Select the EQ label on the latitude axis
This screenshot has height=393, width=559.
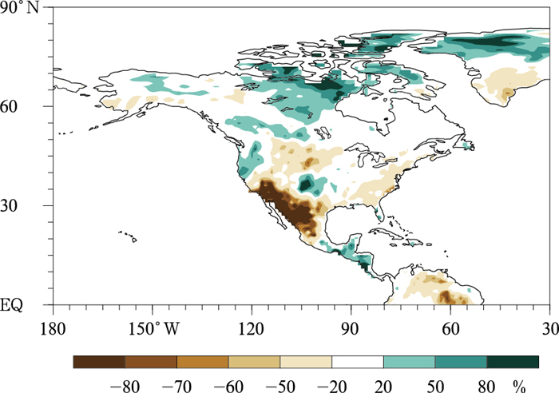coord(30,304)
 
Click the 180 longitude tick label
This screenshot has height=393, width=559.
coord(53,327)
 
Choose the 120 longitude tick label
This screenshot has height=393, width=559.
coord(252,327)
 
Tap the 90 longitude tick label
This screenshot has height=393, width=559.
coord(351,327)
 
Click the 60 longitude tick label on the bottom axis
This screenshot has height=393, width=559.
coord(450,327)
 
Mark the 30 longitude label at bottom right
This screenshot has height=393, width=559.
coord(549,327)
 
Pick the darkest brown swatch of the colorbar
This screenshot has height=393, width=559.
coord(99,362)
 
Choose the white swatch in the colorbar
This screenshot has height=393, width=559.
coord(358,362)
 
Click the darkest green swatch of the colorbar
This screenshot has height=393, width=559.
coord(513,362)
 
